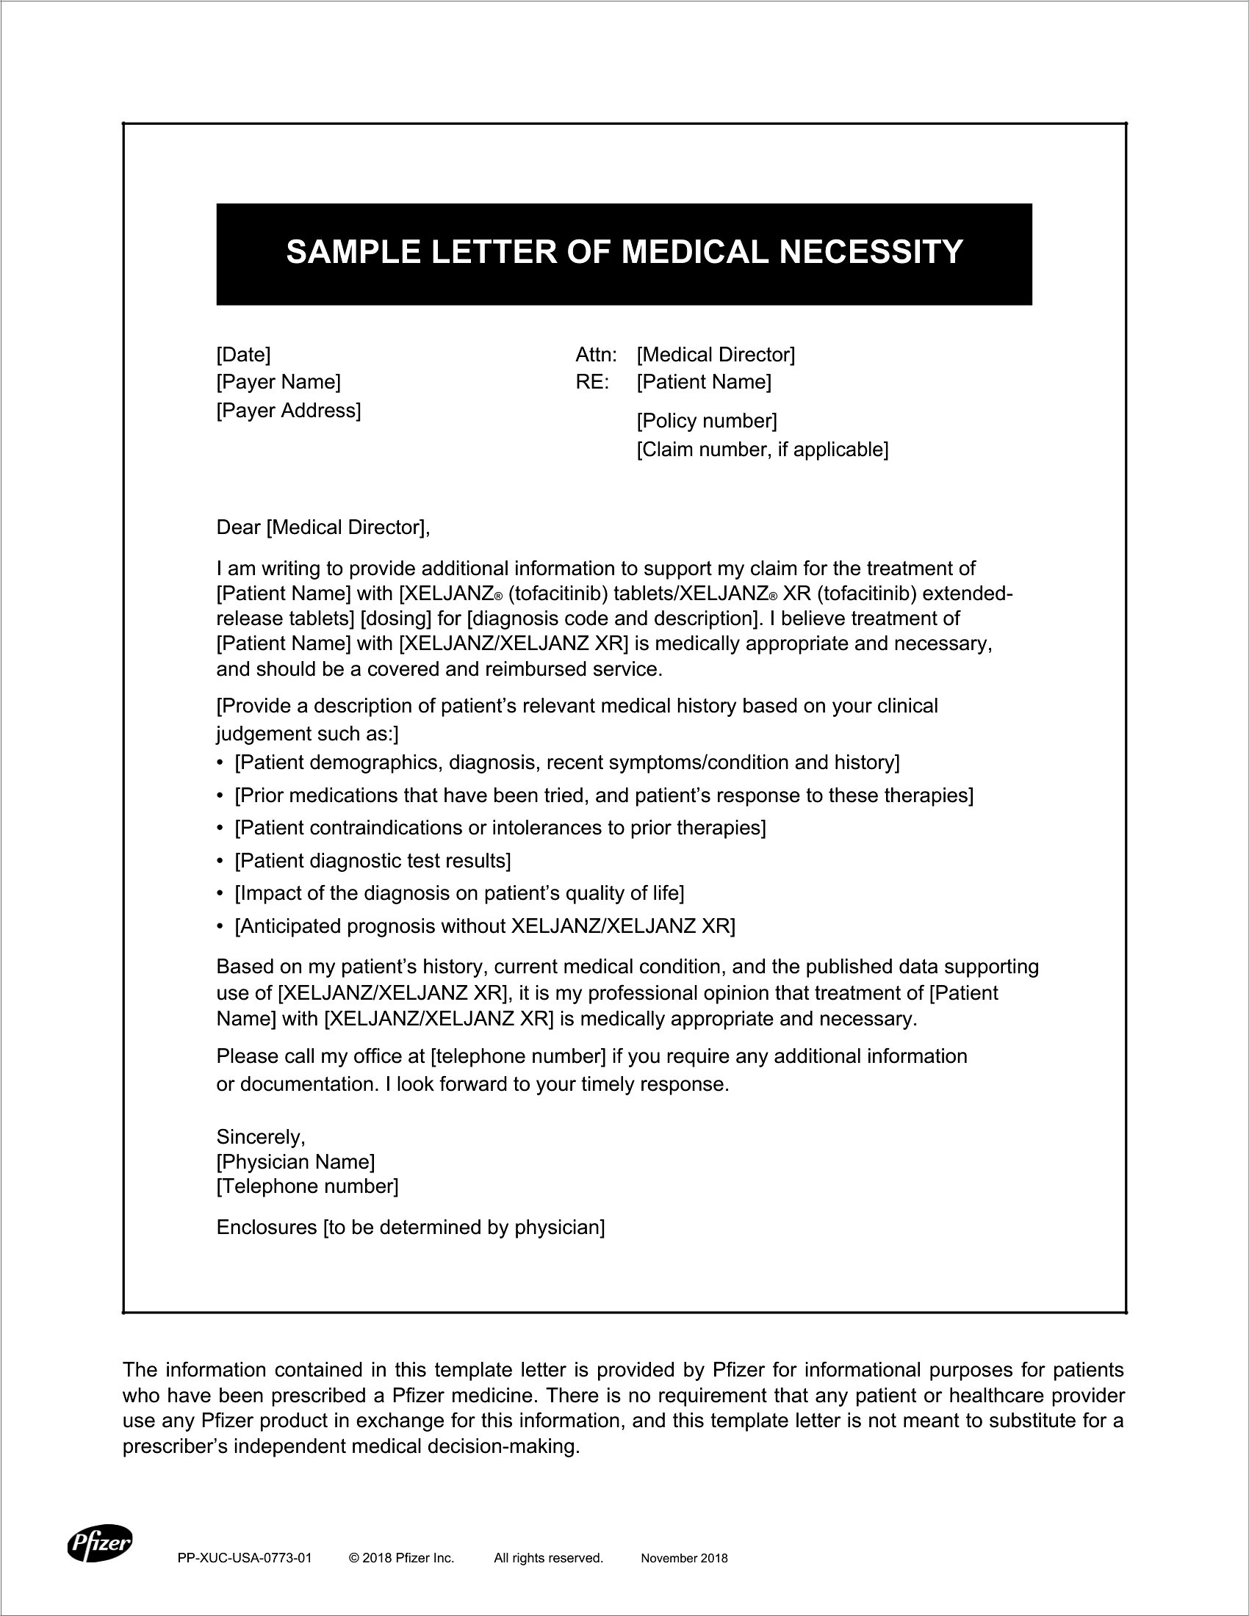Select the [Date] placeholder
(x=243, y=355)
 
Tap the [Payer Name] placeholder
(x=278, y=382)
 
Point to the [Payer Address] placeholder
(x=289, y=410)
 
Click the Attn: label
(x=596, y=355)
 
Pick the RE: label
(x=592, y=382)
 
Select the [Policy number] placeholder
(x=707, y=421)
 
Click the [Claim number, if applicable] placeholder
(x=762, y=449)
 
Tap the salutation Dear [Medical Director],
(x=323, y=527)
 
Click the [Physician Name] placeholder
(x=295, y=1162)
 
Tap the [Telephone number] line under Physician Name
(x=307, y=1187)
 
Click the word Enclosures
(x=267, y=1227)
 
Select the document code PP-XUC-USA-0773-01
(x=245, y=1558)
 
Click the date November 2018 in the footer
(x=684, y=1558)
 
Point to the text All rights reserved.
(x=548, y=1558)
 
